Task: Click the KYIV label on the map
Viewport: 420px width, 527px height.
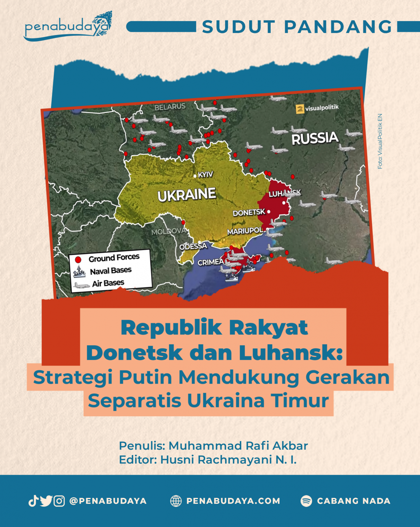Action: pos(205,174)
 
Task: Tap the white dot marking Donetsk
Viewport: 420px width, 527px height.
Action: pos(269,212)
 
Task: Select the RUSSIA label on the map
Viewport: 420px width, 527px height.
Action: pos(315,138)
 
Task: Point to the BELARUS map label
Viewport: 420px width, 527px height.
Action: pos(170,107)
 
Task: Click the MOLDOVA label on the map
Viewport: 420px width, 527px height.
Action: pos(168,231)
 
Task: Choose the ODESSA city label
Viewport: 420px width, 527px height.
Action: pos(193,246)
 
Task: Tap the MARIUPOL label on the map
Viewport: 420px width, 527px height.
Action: pos(245,231)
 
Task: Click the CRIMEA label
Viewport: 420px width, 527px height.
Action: pos(211,262)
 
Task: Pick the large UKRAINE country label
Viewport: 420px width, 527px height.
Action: pos(187,195)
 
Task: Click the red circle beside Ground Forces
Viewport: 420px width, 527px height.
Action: pos(78,259)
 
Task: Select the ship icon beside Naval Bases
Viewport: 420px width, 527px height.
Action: pos(79,272)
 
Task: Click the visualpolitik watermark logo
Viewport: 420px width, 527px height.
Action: pos(300,109)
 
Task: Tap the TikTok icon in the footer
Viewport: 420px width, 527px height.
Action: pos(33,500)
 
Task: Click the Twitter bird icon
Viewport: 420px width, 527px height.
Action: pos(46,500)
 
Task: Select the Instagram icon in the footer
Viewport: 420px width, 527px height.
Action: pos(59,500)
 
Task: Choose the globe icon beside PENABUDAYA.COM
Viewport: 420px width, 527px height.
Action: pos(176,501)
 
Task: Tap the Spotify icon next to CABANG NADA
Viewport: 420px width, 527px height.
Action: pos(306,501)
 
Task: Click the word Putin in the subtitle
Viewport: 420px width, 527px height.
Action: pos(145,377)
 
